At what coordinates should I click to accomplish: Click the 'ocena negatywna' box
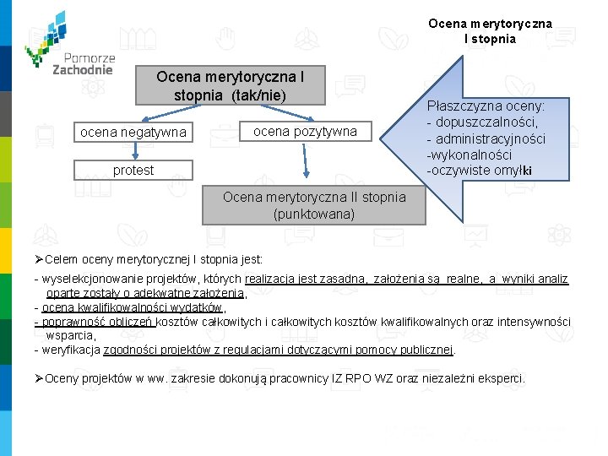point(133,133)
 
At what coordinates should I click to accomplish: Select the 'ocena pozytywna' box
point(305,131)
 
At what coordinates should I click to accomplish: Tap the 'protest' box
point(133,171)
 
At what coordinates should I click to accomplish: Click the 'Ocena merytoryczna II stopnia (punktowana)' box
point(314,205)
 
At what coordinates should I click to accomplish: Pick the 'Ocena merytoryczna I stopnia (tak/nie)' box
point(231,85)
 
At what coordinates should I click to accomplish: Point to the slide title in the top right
point(490,31)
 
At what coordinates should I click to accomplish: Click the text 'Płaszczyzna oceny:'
point(486,107)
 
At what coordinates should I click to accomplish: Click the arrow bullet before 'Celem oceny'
point(39,259)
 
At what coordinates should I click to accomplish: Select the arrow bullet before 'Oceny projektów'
point(39,378)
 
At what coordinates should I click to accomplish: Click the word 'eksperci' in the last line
point(502,378)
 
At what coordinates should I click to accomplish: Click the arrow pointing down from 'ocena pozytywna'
point(313,170)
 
